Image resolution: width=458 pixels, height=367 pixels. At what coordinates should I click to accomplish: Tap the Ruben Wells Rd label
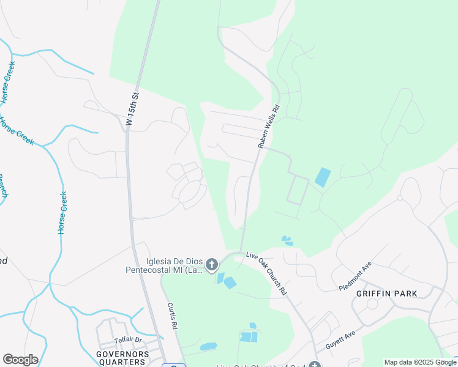(x=268, y=126)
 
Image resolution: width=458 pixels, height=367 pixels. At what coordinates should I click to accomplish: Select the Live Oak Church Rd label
(x=266, y=273)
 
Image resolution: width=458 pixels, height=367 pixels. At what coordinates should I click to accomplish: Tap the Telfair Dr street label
(x=127, y=339)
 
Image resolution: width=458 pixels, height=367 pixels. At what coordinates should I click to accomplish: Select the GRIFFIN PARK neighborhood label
(x=387, y=294)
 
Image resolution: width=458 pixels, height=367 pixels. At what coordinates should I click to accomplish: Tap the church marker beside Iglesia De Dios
(x=212, y=265)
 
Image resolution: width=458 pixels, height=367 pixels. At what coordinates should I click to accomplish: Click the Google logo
(x=20, y=360)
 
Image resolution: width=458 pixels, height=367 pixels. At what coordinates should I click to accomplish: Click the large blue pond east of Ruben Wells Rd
(x=322, y=177)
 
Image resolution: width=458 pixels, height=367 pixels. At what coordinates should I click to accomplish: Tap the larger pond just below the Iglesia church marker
(x=230, y=283)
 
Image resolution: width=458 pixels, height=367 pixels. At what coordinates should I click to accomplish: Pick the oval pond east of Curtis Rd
(x=209, y=346)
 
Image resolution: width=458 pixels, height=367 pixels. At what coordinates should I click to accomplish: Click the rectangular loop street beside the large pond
(x=298, y=190)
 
